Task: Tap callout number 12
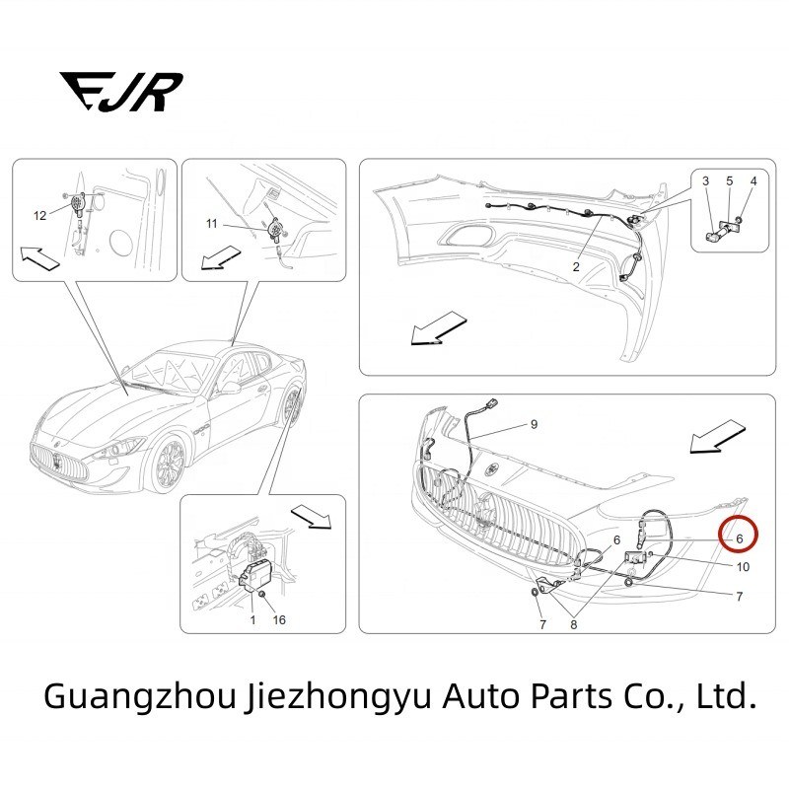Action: [40, 215]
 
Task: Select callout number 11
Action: [211, 224]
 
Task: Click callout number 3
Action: [706, 181]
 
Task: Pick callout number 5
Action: [730, 181]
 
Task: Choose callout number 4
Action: [753, 181]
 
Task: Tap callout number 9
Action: [534, 424]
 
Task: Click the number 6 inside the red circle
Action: [739, 538]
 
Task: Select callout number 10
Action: [743, 567]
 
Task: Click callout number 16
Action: [280, 620]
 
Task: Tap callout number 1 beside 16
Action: [251, 620]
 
